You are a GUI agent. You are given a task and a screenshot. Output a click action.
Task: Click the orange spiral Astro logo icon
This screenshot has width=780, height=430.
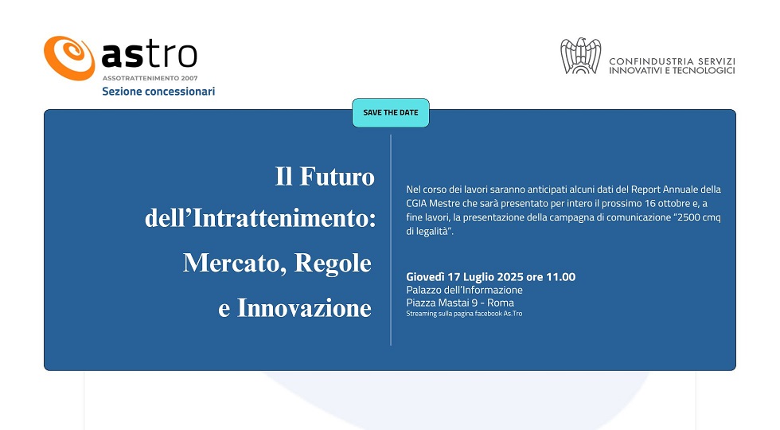pos(69,57)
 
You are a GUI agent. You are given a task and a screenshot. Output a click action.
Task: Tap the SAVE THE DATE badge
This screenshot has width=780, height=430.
pos(391,112)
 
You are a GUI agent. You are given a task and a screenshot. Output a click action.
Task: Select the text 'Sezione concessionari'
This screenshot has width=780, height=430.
pos(158,92)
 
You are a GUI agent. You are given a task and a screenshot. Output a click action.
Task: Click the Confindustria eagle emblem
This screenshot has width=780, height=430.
pos(580,56)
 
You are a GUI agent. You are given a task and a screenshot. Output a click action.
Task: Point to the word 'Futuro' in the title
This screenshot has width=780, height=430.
pos(337,177)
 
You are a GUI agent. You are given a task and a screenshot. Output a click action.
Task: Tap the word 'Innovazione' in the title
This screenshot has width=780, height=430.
pos(304,307)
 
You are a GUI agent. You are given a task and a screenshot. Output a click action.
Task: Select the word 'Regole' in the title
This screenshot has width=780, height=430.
pos(333,264)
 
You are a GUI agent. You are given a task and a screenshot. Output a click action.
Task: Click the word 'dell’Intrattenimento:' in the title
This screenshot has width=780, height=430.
pos(260,218)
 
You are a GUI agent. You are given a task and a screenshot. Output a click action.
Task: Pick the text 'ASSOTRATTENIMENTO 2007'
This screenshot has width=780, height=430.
pos(150,78)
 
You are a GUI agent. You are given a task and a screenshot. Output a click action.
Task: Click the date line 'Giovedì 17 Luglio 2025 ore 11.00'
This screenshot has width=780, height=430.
pos(490,277)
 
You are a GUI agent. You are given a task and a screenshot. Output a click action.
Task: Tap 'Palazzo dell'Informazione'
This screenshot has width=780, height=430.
pos(464,290)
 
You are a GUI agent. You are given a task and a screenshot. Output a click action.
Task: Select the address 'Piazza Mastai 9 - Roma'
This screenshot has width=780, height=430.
pos(460,303)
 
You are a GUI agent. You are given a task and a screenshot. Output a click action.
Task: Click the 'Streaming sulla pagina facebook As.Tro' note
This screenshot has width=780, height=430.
pos(464,314)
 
